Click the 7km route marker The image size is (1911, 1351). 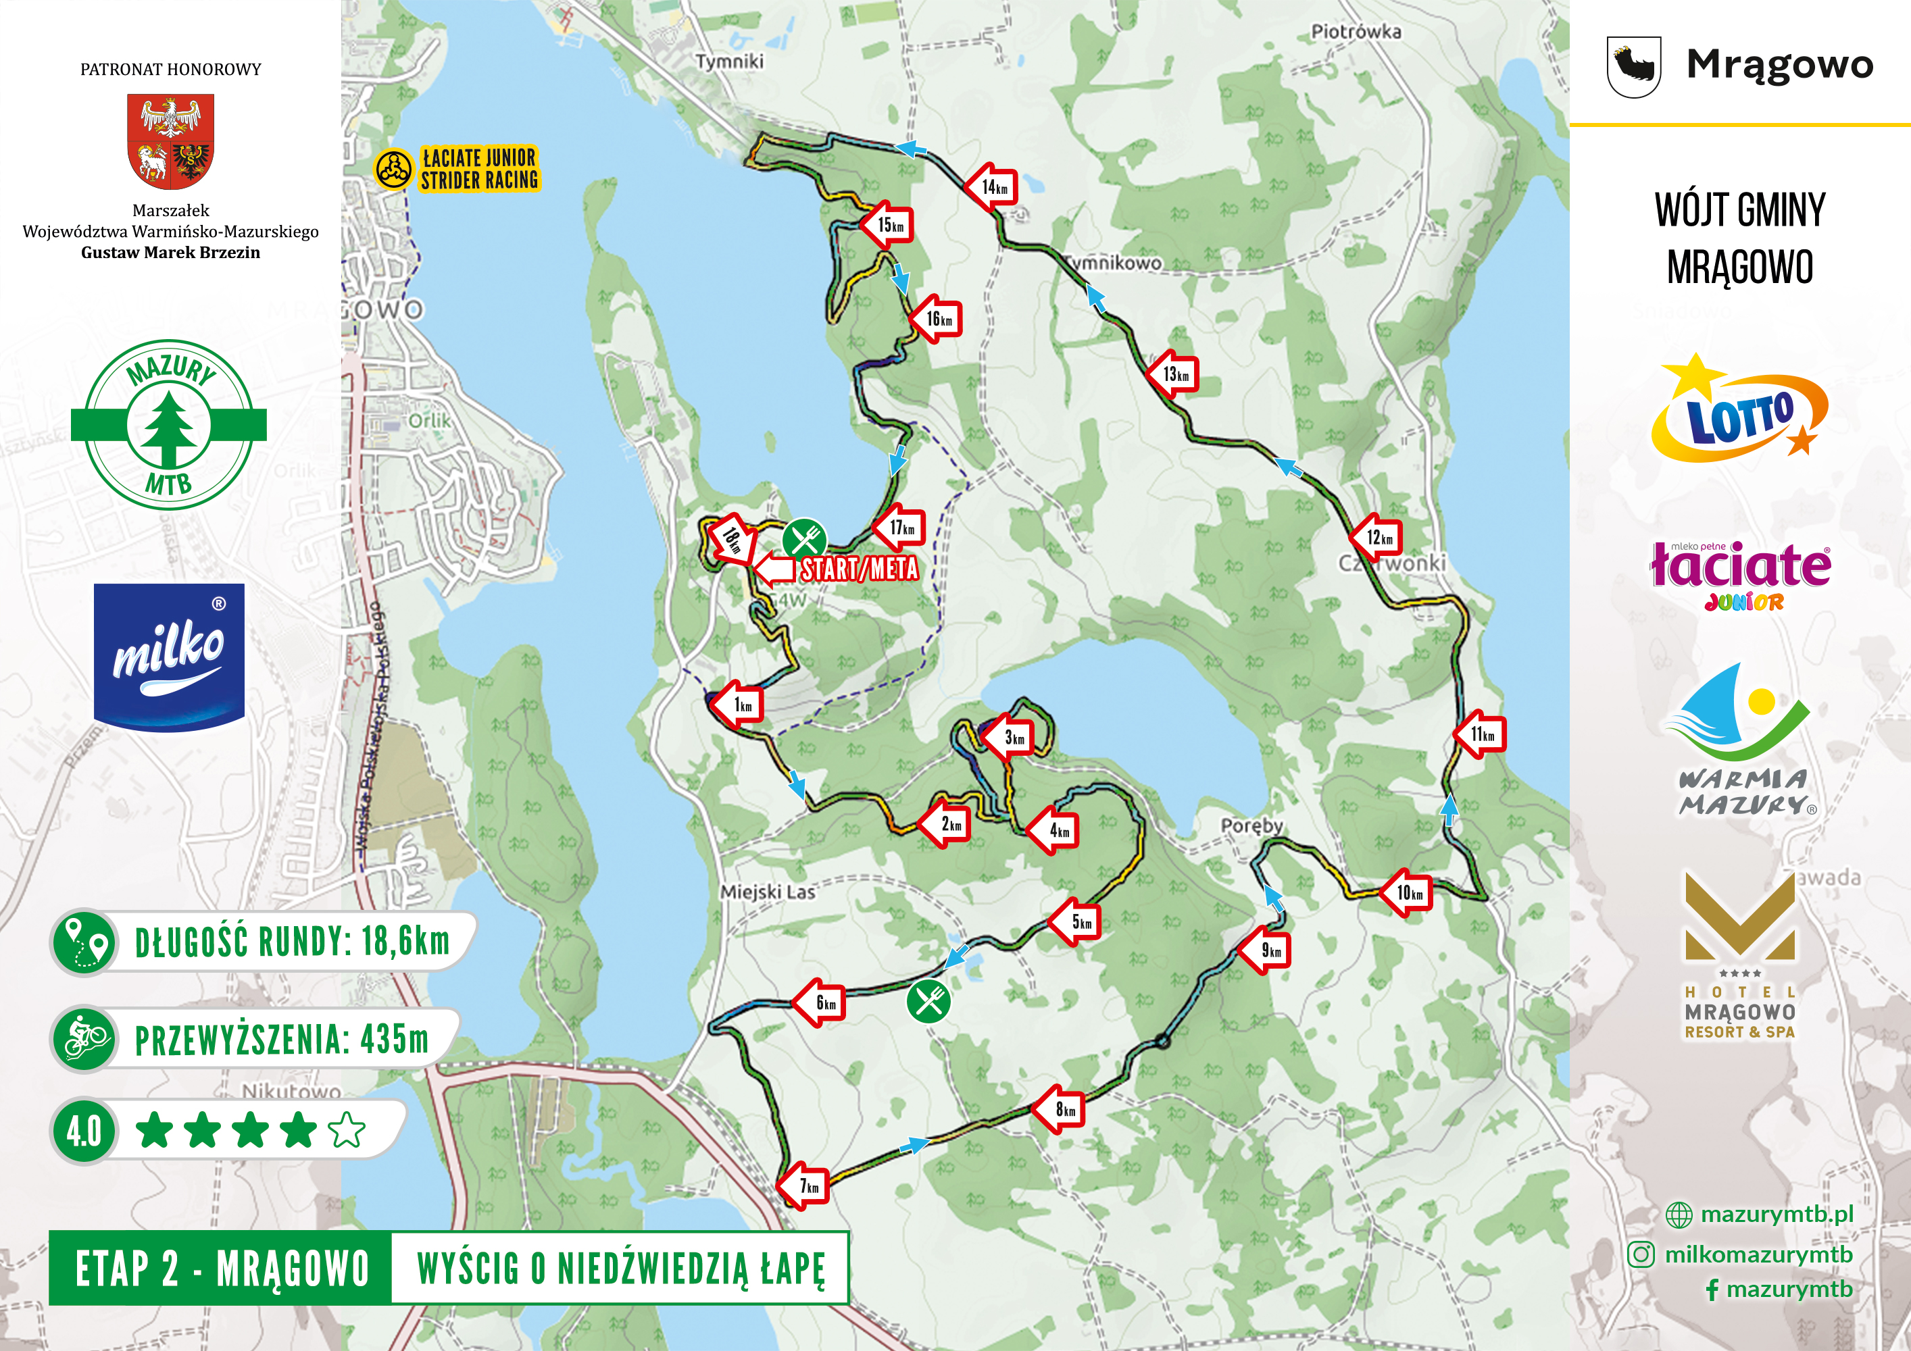tap(805, 1186)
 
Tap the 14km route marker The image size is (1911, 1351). tap(992, 187)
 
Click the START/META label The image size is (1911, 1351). tap(859, 569)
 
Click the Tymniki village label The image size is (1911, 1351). tap(729, 61)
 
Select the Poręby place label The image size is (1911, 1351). tap(1251, 825)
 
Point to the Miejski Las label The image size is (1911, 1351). tap(768, 892)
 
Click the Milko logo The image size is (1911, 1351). tap(169, 657)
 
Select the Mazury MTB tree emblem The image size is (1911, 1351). tap(169, 424)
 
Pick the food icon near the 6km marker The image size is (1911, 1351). tap(928, 1000)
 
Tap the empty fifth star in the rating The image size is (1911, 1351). tap(346, 1131)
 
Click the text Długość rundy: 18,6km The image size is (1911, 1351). tap(291, 942)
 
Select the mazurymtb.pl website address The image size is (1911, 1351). tap(1776, 1214)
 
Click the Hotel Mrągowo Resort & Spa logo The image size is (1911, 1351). tap(1739, 957)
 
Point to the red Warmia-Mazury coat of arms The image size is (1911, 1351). tap(170, 141)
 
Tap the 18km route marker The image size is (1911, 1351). tap(733, 540)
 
